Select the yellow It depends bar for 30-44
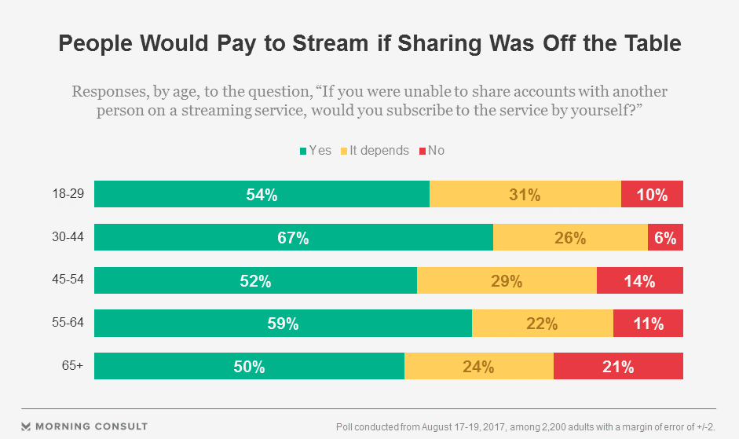coord(569,237)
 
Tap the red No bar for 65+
coord(618,366)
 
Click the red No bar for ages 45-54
coord(639,280)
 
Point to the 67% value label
coord(292,238)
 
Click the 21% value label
coord(618,367)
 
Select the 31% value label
coord(525,195)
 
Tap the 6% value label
coord(665,238)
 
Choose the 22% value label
coord(542,324)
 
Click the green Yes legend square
coord(302,150)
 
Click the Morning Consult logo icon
coord(27,426)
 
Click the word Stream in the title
coord(314,45)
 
